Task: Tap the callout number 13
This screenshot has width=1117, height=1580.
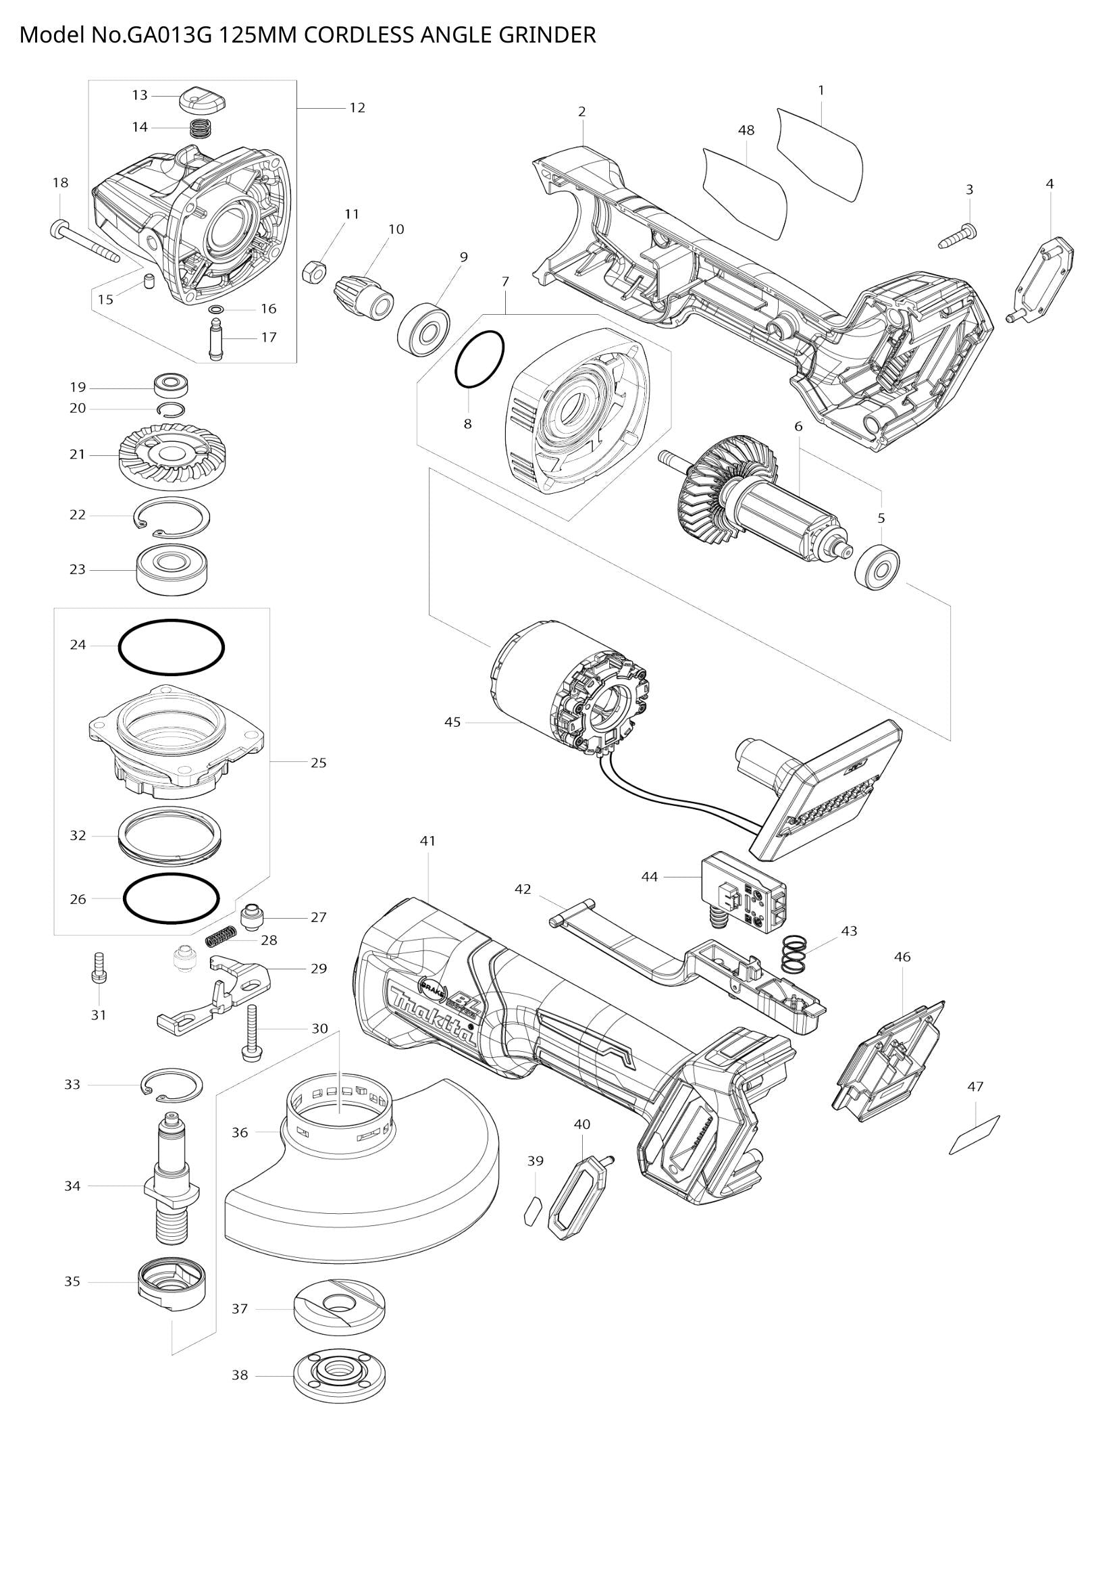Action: pyautogui.click(x=140, y=95)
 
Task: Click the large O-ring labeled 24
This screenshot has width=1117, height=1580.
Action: pyautogui.click(x=172, y=648)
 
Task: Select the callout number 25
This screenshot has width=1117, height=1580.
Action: pyautogui.click(x=319, y=763)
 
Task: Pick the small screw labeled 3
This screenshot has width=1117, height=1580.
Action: pyautogui.click(x=958, y=237)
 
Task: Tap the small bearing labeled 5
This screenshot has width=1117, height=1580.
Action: pyautogui.click(x=878, y=568)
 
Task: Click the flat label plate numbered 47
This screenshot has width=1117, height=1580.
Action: pyautogui.click(x=974, y=1135)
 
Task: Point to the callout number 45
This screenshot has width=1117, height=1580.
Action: pyautogui.click(x=452, y=723)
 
